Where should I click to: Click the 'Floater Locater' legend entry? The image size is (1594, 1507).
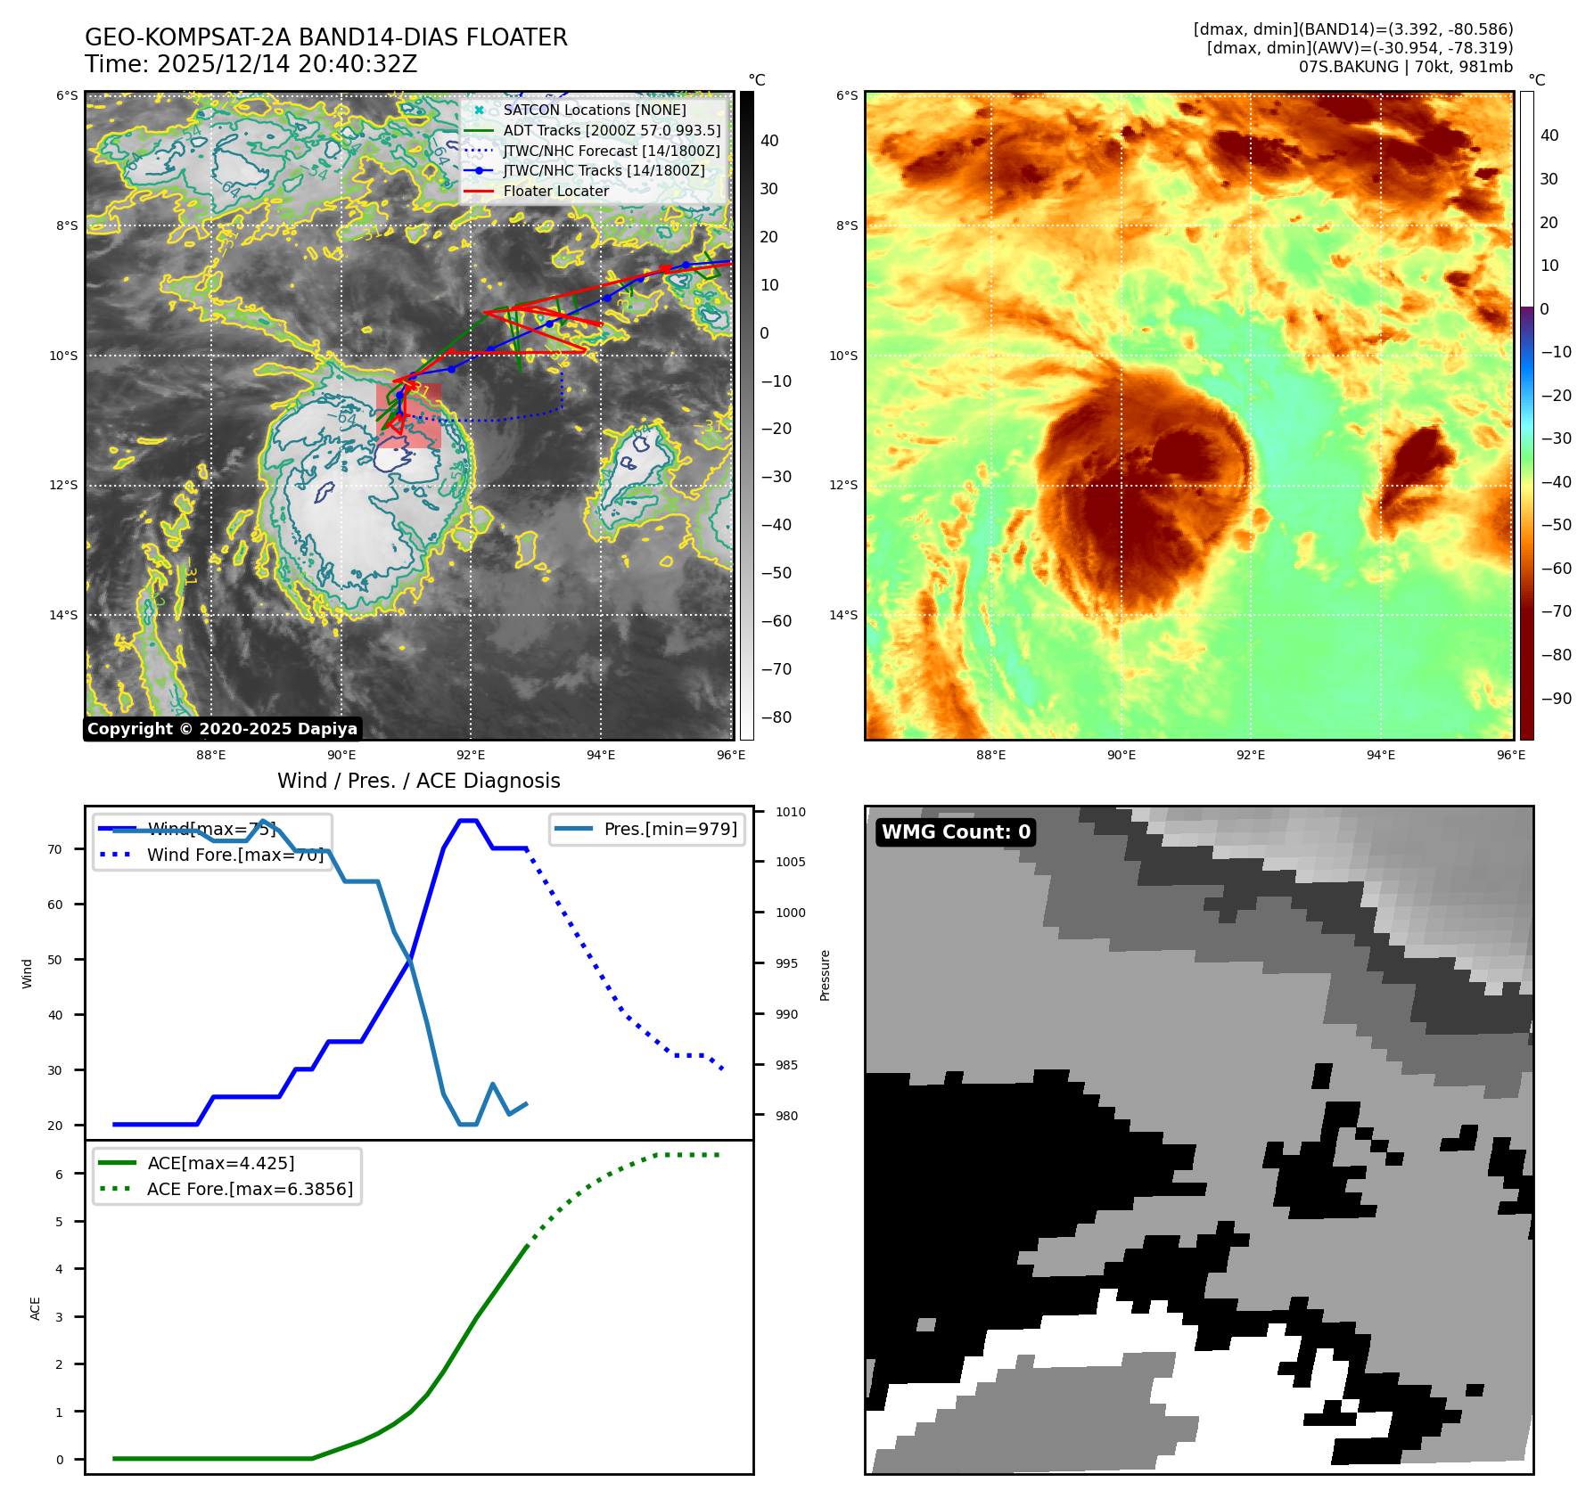pyautogui.click(x=555, y=191)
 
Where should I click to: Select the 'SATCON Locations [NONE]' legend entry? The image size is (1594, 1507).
pyautogui.click(x=594, y=110)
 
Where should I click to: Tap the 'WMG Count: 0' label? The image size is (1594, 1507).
pyautogui.click(x=956, y=831)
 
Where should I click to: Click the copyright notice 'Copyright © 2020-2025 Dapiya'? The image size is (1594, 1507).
pyautogui.click(x=222, y=728)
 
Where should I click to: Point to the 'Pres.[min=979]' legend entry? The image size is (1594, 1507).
pyautogui.click(x=670, y=829)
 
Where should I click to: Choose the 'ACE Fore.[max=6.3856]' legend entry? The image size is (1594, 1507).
pyautogui.click(x=250, y=1189)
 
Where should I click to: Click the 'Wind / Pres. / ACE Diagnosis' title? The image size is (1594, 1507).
pyautogui.click(x=418, y=781)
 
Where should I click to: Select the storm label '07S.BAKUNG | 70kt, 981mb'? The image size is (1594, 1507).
pyautogui.click(x=1405, y=67)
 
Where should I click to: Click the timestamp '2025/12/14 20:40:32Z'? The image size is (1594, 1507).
pyautogui.click(x=287, y=64)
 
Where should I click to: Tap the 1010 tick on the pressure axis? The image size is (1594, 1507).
pyautogui.click(x=790, y=812)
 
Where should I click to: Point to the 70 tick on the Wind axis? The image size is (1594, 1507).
pyautogui.click(x=55, y=849)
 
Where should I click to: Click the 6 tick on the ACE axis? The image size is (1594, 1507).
pyautogui.click(x=60, y=1175)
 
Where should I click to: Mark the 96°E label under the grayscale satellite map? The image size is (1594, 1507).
pyautogui.click(x=731, y=755)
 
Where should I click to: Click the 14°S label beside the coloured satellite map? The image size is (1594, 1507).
pyautogui.click(x=842, y=615)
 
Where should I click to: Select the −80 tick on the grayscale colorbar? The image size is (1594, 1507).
pyautogui.click(x=776, y=717)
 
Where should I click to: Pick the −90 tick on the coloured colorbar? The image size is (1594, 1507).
pyautogui.click(x=1556, y=699)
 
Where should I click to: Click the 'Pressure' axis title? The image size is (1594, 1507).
pyautogui.click(x=826, y=975)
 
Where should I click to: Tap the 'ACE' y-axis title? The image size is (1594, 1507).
pyautogui.click(x=36, y=1307)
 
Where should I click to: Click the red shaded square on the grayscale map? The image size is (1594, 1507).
pyautogui.click(x=409, y=416)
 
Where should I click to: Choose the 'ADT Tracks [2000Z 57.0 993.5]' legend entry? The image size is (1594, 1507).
pyautogui.click(x=612, y=130)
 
